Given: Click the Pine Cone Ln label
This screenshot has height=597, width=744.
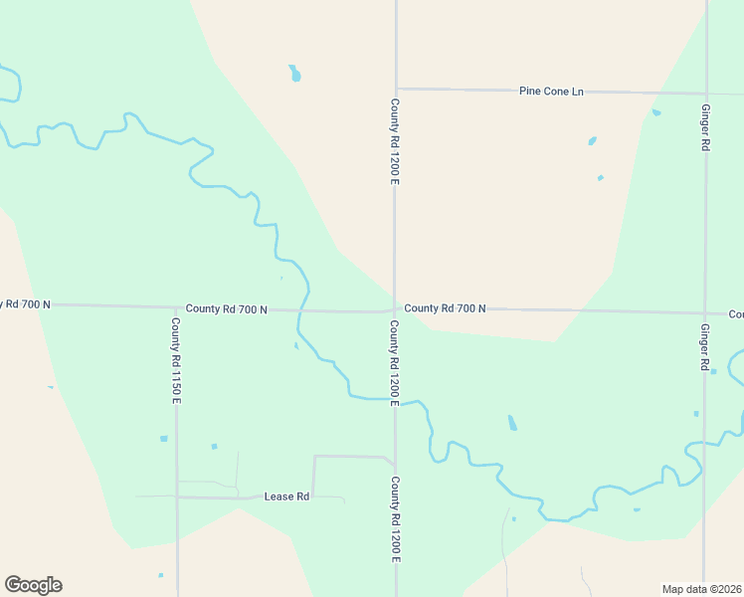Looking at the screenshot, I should (550, 92).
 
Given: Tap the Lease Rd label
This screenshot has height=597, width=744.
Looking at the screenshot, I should (286, 496).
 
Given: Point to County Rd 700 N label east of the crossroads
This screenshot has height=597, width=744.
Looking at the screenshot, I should (445, 308).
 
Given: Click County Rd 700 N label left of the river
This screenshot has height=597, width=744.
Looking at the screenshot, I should (226, 309).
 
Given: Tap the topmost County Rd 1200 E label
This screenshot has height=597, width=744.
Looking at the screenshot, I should (395, 141).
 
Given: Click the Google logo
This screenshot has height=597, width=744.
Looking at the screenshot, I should (33, 585).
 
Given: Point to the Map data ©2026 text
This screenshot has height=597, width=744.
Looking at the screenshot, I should (702, 589).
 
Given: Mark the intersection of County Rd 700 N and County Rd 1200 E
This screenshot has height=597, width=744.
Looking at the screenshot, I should (395, 309).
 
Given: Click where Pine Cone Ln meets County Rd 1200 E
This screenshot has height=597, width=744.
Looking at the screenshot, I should (396, 89).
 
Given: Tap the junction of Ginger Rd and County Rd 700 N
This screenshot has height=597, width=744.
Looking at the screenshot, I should (705, 312).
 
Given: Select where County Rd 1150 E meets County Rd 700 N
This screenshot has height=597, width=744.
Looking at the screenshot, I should (175, 307).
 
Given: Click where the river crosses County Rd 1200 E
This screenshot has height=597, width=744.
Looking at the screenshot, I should (395, 401).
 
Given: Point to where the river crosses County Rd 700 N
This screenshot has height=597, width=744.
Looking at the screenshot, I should (303, 309).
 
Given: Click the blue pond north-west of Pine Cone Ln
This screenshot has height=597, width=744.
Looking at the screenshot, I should (294, 74).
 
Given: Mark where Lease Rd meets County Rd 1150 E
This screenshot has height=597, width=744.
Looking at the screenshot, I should (177, 496).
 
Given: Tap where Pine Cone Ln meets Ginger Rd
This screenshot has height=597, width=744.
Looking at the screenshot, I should (705, 95).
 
